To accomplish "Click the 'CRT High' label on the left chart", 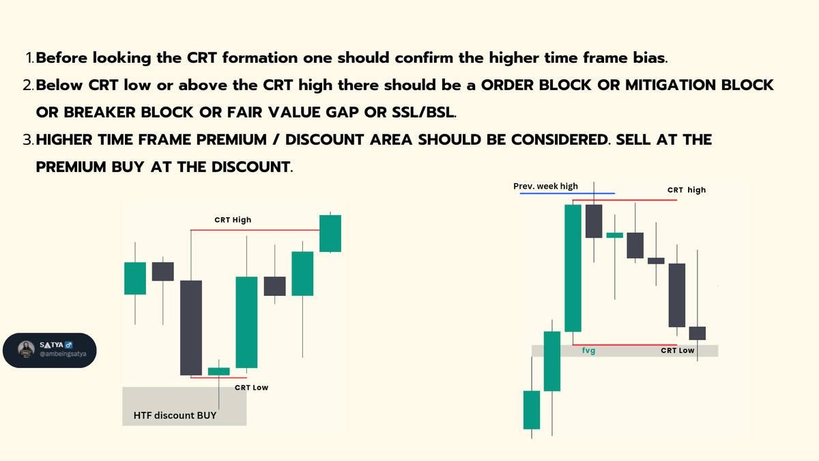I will click(233, 220).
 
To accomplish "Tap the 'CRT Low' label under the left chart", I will click(251, 387).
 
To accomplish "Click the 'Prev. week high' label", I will click(545, 186).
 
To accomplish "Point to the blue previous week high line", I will click(566, 193).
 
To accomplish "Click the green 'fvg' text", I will click(588, 350).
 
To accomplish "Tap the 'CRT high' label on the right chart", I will click(686, 190).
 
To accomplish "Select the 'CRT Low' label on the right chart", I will click(678, 350).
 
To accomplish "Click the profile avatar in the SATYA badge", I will click(27, 349).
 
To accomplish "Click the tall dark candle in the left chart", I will click(191, 327).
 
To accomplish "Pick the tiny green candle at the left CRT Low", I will click(218, 371).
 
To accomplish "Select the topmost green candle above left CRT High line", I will click(330, 234).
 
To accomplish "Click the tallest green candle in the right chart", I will click(573, 267).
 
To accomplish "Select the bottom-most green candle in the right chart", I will click(532, 409).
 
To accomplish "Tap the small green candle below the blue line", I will click(615, 234).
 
